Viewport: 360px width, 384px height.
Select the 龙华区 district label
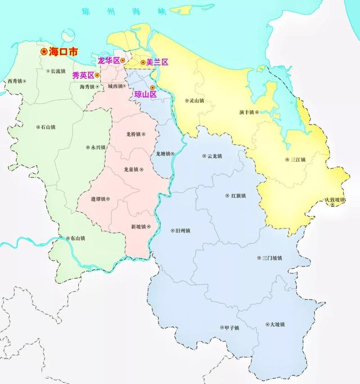pyautogui.click(x=109, y=60)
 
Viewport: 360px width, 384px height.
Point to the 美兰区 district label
pyautogui.click(x=157, y=62)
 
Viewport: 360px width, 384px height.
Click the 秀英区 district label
pyautogui.click(x=83, y=75)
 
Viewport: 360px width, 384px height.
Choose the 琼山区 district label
pyautogui.click(x=145, y=94)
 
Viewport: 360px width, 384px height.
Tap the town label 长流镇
pyautogui.click(x=58, y=72)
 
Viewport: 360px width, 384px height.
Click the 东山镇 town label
pyautogui.click(x=77, y=239)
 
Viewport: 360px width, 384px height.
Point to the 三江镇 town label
pyautogui.click(x=298, y=159)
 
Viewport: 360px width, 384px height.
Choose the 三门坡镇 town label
pyautogui.click(x=272, y=258)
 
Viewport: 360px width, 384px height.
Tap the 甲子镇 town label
pyautogui.click(x=231, y=328)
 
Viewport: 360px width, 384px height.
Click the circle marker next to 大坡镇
pyautogui.click(x=265, y=325)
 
